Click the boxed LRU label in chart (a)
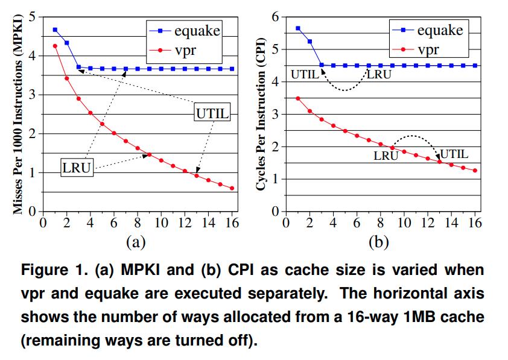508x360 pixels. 77,167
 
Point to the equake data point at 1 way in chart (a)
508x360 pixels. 55,30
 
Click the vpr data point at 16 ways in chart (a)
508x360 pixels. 232,188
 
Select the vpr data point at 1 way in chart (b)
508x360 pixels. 297,98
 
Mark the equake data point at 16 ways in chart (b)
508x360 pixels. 475,65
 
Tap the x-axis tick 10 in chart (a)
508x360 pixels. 161,223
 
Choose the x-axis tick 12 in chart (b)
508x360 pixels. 427,223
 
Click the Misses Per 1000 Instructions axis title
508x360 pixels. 17,115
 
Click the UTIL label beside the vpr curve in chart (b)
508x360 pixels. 454,154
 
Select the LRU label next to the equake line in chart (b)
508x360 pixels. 379,75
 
